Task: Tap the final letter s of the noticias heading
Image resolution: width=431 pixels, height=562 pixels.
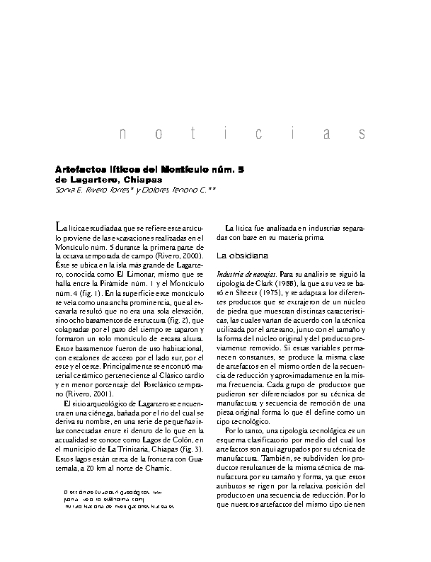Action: (362, 134)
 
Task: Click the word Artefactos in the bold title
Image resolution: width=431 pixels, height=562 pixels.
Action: (80, 170)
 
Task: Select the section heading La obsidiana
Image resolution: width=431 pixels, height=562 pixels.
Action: (241, 253)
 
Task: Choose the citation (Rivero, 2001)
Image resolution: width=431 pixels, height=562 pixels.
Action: (79, 392)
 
